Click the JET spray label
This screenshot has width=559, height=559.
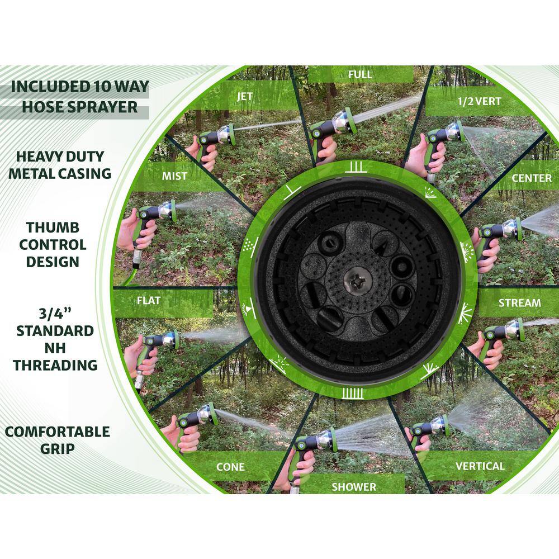tap(245, 96)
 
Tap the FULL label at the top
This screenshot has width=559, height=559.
tap(359, 74)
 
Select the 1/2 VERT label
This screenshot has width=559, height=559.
tap(479, 101)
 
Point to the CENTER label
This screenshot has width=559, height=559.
tap(531, 178)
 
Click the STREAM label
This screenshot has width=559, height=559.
tap(519, 303)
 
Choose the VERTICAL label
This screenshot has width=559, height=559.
tap(480, 466)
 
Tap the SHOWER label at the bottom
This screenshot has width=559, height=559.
tap(354, 487)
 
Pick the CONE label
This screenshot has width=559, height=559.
tap(230, 467)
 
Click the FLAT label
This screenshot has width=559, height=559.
tap(148, 301)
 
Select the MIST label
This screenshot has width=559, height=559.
tap(174, 176)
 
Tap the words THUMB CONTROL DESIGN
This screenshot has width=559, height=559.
tap(53, 245)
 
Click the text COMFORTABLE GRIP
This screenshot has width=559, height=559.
tap(58, 440)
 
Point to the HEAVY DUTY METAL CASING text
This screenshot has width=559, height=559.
tap(60, 165)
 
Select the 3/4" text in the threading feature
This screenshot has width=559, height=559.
tap(55, 313)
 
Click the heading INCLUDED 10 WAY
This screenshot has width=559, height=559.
tap(80, 87)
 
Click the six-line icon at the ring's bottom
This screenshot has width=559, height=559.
tap(353, 393)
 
